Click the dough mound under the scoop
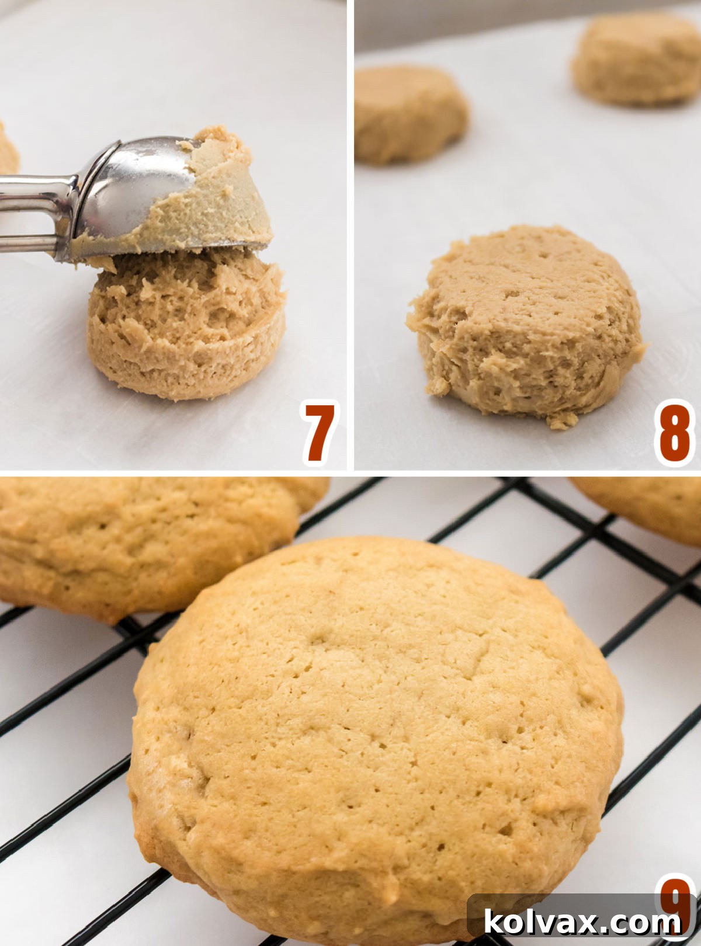pos(187,327)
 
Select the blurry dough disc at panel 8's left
pos(409,114)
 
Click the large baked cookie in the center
pos(374,730)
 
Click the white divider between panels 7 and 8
pos(350,234)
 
